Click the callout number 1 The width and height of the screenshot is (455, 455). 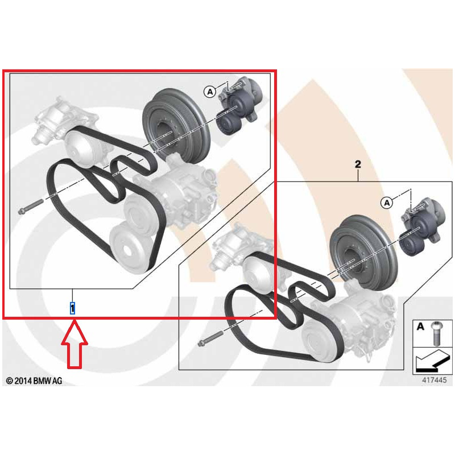(72, 308)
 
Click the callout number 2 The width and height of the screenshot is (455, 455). (358, 164)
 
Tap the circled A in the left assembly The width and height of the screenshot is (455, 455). (210, 92)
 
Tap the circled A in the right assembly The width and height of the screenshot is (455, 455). (387, 202)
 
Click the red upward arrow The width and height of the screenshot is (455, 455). (75, 344)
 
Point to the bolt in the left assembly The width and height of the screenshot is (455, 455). (30, 206)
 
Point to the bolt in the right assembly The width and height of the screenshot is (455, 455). (210, 339)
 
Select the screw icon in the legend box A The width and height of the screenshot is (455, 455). (436, 334)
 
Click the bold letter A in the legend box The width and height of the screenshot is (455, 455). (420, 326)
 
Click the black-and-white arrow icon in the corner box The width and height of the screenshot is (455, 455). (432, 361)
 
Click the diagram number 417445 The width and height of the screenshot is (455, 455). (434, 380)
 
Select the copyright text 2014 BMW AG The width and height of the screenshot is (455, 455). (34, 380)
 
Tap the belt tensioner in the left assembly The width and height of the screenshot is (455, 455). (241, 98)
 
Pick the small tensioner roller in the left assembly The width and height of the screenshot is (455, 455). (229, 123)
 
